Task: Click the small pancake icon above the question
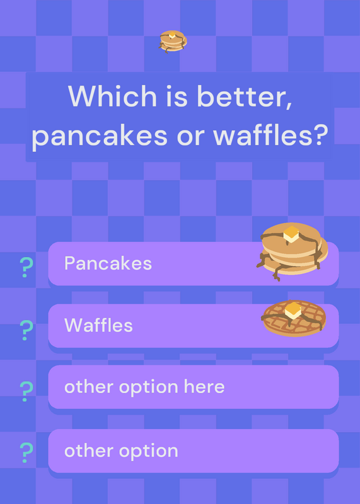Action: pos(173,42)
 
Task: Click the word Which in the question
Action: pos(112,96)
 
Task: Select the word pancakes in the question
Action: pos(100,135)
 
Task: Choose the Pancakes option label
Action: pos(108,263)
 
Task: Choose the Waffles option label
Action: pos(98,325)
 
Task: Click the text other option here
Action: pos(144,387)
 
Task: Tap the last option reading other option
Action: pos(121,450)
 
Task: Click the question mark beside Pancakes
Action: pos(26,267)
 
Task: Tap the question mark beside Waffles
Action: pos(26,330)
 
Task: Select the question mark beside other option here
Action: pos(26,391)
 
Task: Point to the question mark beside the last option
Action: pos(26,452)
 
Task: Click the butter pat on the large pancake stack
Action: pos(291,234)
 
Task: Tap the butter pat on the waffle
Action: pos(293,311)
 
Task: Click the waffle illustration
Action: pos(294,318)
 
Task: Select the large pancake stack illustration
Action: pos(292,251)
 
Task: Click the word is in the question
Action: pos(177,96)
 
